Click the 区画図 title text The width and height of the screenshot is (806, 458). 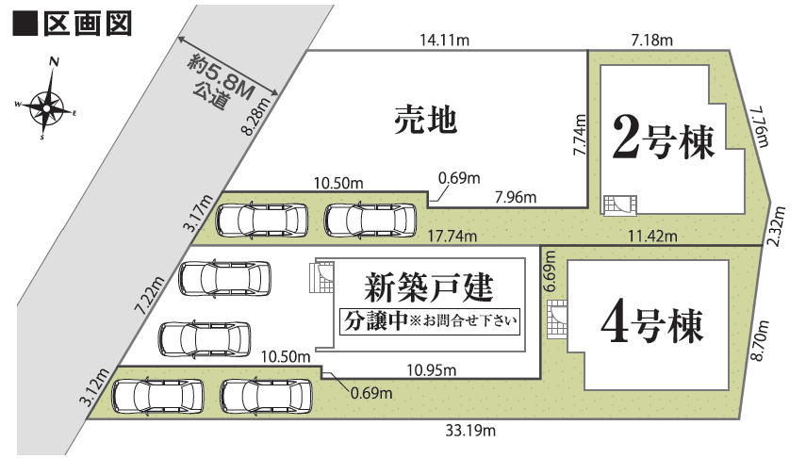87,24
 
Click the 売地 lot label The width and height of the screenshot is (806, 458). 425,121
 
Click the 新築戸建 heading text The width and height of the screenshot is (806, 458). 429,287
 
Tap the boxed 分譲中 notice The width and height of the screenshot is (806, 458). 430,321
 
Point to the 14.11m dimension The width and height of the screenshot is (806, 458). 444,41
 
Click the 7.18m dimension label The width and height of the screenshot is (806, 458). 651,40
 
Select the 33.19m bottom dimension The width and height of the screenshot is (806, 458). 470,431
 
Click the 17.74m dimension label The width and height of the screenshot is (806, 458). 452,236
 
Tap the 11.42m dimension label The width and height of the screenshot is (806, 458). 652,236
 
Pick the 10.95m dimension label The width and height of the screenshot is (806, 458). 431,369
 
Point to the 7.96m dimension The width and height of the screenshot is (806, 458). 516,196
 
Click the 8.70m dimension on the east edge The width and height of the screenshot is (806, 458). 761,340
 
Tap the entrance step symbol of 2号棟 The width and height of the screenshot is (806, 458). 620,205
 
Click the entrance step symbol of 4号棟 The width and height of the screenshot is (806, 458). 557,319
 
